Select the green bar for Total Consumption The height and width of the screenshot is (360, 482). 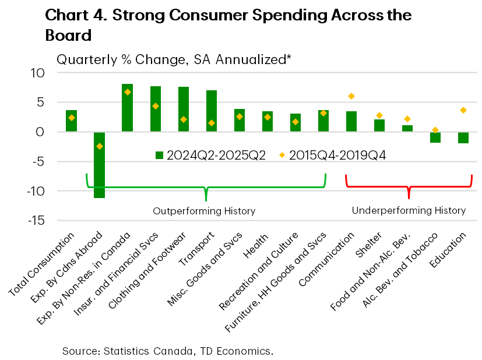coord(71,121)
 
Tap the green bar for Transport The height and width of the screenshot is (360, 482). coord(212,111)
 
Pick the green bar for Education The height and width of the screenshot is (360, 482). coord(463,137)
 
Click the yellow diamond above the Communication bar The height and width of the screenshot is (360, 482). coord(351,96)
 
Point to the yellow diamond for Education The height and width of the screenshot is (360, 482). coord(463,110)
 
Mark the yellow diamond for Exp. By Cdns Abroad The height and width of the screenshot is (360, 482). coord(99,146)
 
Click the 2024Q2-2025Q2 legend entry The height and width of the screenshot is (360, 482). coord(210,155)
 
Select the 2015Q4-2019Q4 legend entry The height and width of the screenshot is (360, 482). coord(332,155)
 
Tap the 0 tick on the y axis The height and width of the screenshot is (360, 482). coord(40,132)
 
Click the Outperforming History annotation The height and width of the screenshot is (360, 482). coord(204,211)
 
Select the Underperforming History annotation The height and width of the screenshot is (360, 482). coord(409,210)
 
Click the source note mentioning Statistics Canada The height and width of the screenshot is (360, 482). coord(168,351)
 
